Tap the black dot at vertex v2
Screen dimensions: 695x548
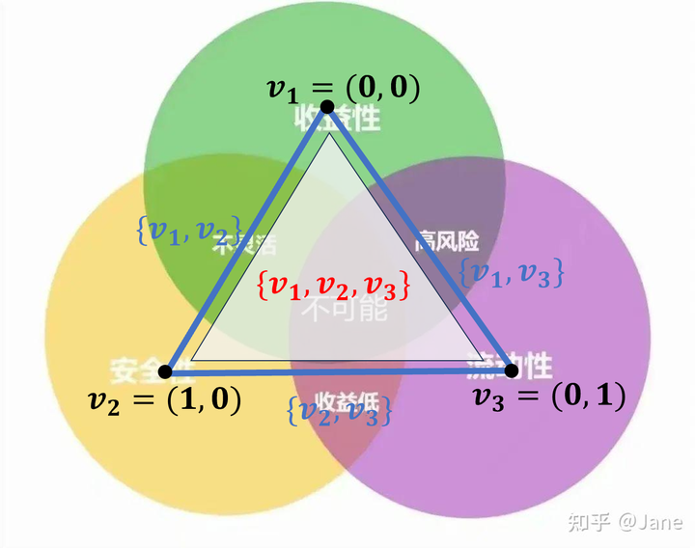point(165,371)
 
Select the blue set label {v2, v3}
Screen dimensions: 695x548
point(338,411)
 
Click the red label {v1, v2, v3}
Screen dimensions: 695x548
point(334,286)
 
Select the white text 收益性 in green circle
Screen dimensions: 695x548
point(338,119)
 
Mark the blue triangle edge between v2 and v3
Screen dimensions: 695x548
point(338,371)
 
